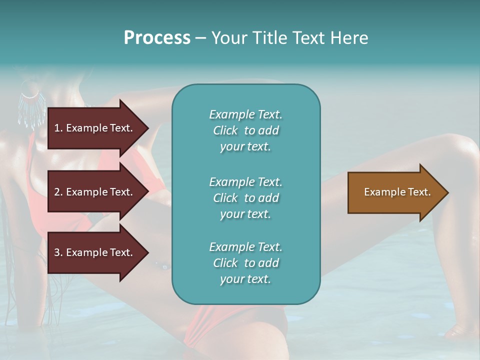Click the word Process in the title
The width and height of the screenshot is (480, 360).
(157, 38)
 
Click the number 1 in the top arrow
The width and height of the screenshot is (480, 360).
(57, 128)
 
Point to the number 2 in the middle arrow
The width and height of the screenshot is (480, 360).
(57, 192)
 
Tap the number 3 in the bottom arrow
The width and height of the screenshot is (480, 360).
(57, 252)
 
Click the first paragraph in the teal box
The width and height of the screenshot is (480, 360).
(245, 130)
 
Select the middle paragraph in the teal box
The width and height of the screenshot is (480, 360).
(245, 198)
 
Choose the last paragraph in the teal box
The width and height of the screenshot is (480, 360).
(245, 263)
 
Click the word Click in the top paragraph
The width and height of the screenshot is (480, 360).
(225, 130)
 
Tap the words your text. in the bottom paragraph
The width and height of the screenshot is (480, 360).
(245, 279)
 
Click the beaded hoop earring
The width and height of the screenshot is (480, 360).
(30, 100)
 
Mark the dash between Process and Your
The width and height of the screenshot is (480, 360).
(200, 38)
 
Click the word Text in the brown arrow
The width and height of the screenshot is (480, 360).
(419, 192)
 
